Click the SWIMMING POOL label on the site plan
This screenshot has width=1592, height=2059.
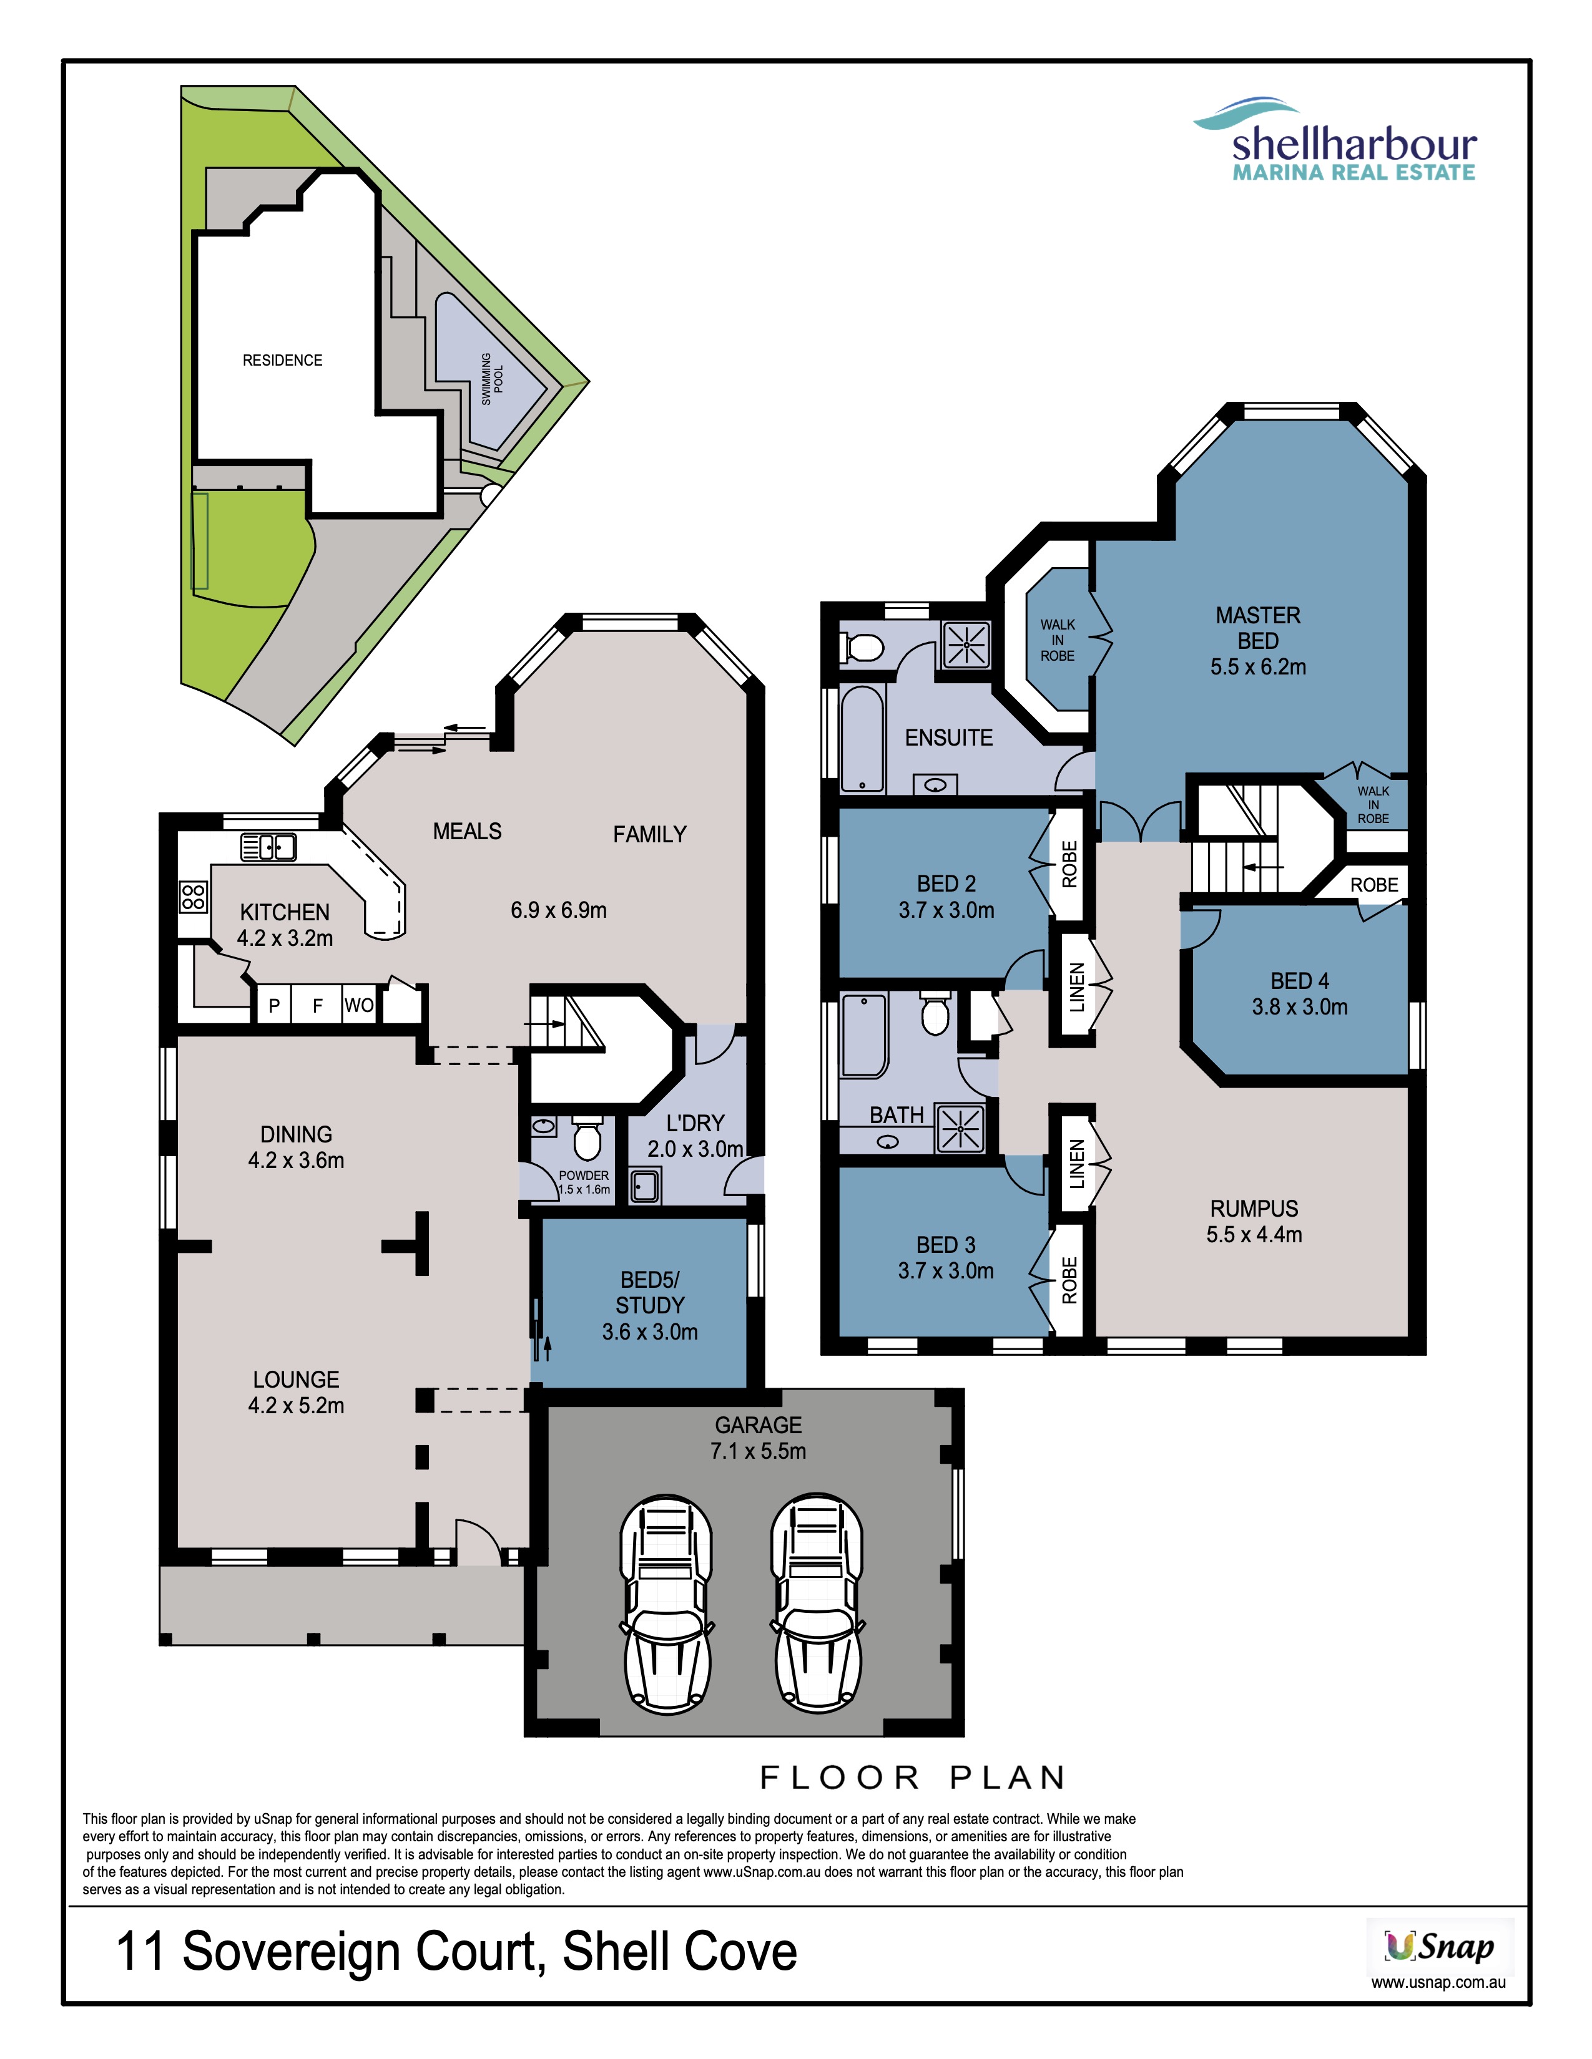[x=493, y=379]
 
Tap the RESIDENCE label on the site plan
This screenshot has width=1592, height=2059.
[x=282, y=360]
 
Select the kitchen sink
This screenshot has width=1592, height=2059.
[x=269, y=847]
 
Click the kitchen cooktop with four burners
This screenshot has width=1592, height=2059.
[x=194, y=897]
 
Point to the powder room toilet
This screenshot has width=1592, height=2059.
[x=587, y=1138]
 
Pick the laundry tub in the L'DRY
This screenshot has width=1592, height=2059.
[x=644, y=1186]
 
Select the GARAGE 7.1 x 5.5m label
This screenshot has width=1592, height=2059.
[x=759, y=1438]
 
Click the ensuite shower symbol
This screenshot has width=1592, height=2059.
[x=966, y=645]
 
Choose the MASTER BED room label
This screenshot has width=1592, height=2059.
[x=1258, y=628]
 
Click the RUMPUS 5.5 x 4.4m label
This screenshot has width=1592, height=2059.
[x=1254, y=1221]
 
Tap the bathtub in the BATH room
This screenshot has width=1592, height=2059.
[x=864, y=1035]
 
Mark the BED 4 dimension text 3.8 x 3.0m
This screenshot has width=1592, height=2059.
[x=1300, y=1007]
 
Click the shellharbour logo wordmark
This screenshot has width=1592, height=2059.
[x=1354, y=144]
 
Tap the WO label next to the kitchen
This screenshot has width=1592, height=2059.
[x=358, y=1005]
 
